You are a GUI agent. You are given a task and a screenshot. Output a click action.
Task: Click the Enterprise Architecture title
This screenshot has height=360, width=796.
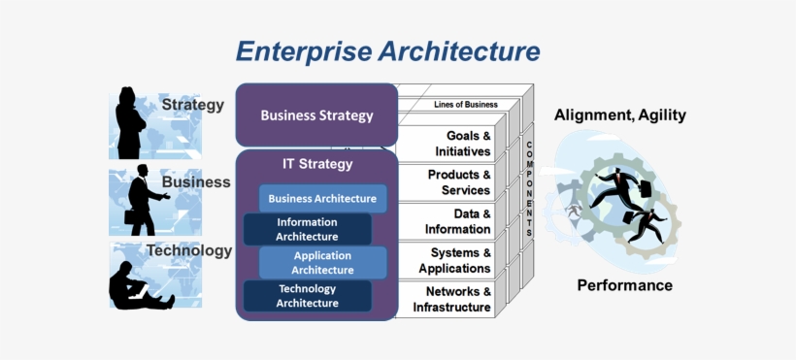pyautogui.click(x=387, y=50)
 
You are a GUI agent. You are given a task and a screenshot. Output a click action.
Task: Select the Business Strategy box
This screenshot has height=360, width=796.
pyautogui.click(x=316, y=115)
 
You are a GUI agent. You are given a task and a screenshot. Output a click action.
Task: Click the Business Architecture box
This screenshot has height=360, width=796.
pyautogui.click(x=322, y=199)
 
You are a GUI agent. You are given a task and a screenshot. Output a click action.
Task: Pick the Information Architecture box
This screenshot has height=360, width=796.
pyautogui.click(x=307, y=229)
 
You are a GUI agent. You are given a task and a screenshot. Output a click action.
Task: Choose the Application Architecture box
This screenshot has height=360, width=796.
pyautogui.click(x=322, y=262)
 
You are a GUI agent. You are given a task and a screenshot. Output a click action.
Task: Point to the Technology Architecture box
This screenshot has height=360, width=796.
pyautogui.click(x=307, y=296)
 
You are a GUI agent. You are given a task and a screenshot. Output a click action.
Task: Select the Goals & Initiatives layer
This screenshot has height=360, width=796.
pyautogui.click(x=453, y=144)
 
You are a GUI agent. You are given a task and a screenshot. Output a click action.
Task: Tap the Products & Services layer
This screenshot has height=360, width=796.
pyautogui.click(x=453, y=182)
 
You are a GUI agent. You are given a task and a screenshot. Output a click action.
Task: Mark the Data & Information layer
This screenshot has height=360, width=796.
pyautogui.click(x=453, y=221)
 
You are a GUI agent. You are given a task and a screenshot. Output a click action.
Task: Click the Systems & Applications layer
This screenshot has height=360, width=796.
pyautogui.click(x=453, y=260)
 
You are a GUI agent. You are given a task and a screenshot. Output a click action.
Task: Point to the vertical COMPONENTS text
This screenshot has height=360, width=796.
pyautogui.click(x=528, y=189)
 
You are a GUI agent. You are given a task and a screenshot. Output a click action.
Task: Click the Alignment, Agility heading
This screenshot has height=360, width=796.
pyautogui.click(x=619, y=115)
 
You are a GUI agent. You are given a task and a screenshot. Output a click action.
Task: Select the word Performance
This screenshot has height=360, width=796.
pyautogui.click(x=624, y=285)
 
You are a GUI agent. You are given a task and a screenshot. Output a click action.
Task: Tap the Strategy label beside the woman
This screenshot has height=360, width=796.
pyautogui.click(x=192, y=105)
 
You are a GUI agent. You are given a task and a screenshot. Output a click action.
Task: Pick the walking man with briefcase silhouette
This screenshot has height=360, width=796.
pyautogui.click(x=143, y=202)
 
